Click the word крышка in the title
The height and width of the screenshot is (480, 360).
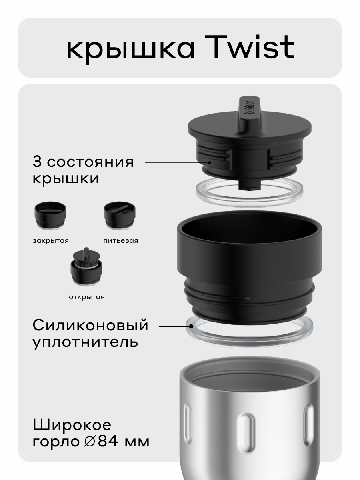[130, 49]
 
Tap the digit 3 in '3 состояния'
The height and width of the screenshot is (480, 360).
[37, 162]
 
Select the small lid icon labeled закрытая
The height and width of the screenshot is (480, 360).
[50, 216]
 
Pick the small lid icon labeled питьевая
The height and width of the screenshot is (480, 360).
[120, 216]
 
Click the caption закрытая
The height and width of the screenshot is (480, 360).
[50, 241]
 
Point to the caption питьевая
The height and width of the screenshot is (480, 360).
[120, 241]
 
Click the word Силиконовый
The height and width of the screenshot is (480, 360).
[90, 325]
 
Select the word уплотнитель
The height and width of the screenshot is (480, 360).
[85, 342]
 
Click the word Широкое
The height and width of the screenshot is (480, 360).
[72, 425]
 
